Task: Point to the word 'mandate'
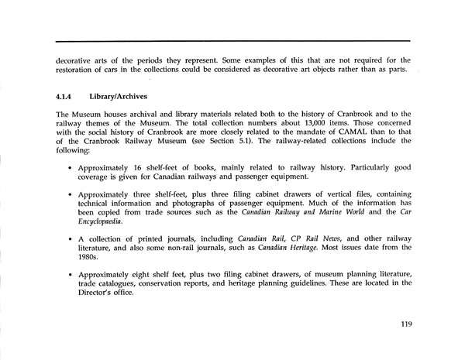point(301,133)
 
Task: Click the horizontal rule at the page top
point(232,39)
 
